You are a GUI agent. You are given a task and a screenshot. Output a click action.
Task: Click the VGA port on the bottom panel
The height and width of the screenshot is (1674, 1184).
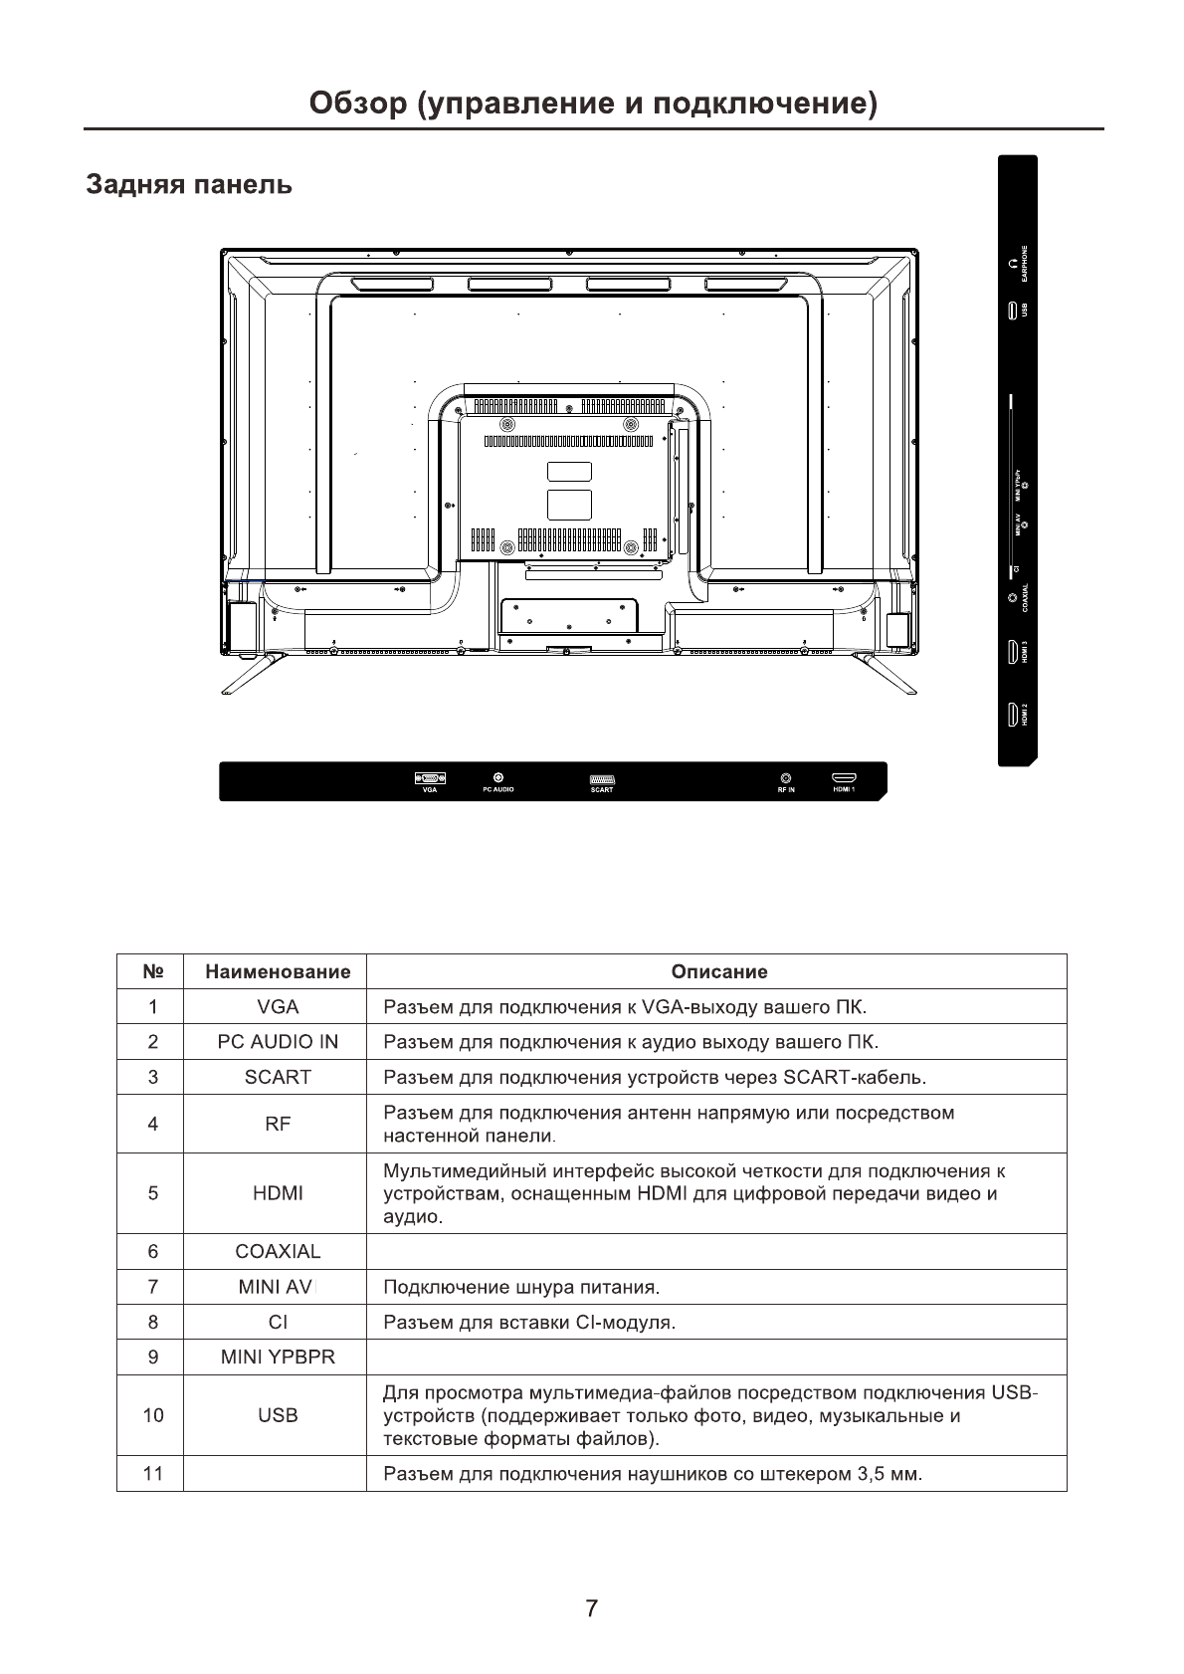(429, 777)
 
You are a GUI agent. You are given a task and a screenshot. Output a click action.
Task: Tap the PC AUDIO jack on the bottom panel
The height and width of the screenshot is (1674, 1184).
(497, 777)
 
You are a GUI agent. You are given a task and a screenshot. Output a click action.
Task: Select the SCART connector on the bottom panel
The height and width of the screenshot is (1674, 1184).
(602, 777)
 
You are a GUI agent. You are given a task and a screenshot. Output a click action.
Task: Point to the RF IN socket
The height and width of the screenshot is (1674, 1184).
(786, 777)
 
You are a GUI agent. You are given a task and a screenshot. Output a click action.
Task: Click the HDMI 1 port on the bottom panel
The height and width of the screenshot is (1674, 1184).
(844, 777)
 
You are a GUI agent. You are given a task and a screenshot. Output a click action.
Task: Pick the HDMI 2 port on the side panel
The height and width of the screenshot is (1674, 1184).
(1012, 715)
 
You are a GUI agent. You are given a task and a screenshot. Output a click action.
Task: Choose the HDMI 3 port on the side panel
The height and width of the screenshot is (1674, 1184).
(1012, 653)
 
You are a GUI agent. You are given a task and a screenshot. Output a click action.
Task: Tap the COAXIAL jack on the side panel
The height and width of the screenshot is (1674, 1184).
(1012, 597)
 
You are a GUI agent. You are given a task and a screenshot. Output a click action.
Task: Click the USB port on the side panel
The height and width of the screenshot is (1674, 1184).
(1012, 310)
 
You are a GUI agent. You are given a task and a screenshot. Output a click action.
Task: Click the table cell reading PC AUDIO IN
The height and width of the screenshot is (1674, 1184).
(278, 1042)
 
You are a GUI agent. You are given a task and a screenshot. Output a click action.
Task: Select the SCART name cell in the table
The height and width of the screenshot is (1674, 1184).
(278, 1077)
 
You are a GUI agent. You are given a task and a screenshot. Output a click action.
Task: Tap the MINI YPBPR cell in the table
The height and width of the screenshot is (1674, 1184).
(278, 1358)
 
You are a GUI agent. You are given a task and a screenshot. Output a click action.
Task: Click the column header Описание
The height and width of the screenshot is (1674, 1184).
(718, 972)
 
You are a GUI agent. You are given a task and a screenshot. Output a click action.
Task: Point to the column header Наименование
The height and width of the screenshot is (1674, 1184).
(278, 972)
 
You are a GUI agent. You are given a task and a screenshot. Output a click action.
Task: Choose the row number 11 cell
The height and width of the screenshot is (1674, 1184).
(152, 1473)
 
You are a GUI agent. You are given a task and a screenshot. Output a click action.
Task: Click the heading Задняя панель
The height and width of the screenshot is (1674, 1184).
(189, 185)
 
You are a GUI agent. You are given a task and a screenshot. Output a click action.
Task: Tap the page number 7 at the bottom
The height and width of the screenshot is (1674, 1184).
(592, 1608)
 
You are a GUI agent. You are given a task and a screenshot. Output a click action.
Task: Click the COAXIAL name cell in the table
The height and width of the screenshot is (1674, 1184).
(278, 1252)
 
